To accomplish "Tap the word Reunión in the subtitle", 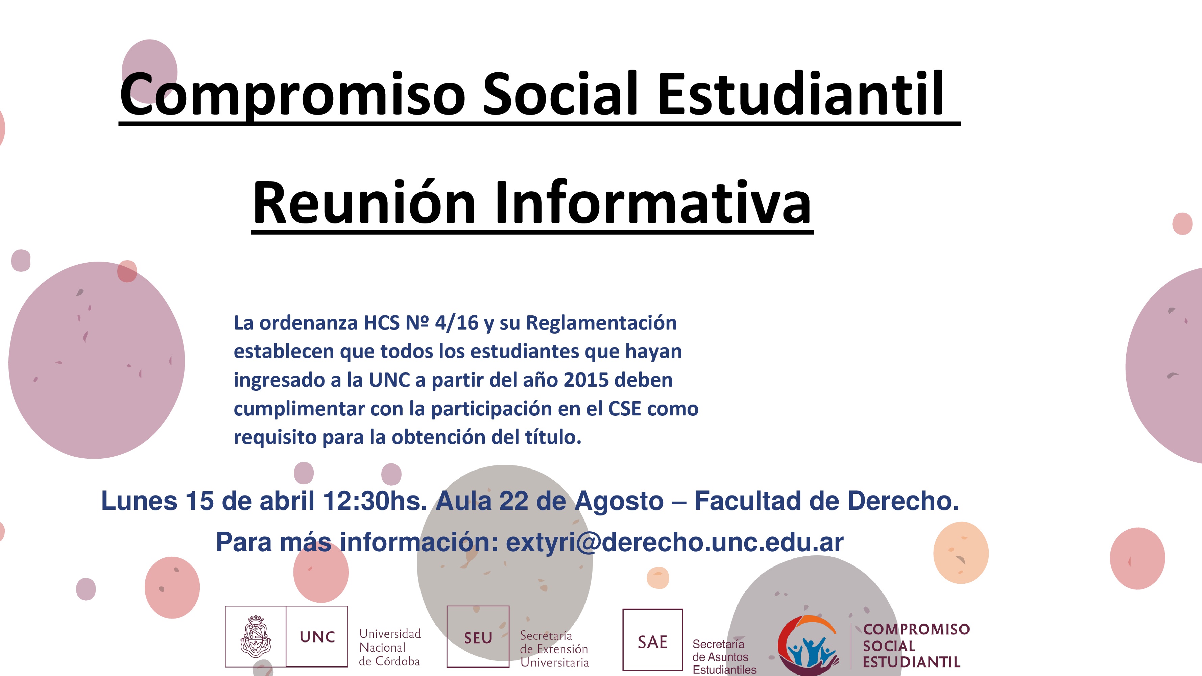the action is pyautogui.click(x=364, y=202).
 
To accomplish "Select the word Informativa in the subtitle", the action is pyautogui.click(x=653, y=202).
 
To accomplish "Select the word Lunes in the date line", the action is pyautogui.click(x=139, y=501).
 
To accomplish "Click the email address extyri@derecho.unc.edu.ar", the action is pyautogui.click(x=675, y=542).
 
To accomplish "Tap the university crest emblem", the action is pyautogui.click(x=255, y=636).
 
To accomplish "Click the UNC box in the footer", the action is pyautogui.click(x=317, y=636).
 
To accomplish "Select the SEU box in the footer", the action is pyautogui.click(x=478, y=637).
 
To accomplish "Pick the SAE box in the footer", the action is pyautogui.click(x=652, y=639).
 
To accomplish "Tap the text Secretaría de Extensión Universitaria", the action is pyautogui.click(x=554, y=649).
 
